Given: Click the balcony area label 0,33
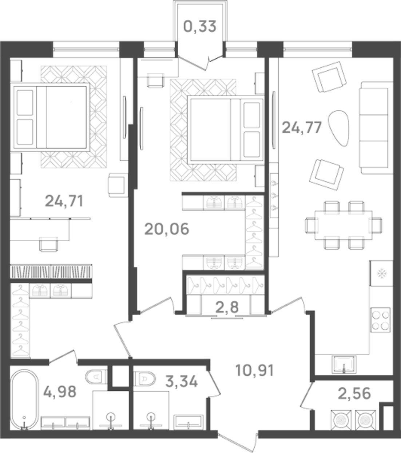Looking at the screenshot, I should coord(200,27).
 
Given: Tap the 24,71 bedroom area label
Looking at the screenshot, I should coord(64,200).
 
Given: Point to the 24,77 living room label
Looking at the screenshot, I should coord(302,128).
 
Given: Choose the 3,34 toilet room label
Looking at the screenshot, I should coord(182,382).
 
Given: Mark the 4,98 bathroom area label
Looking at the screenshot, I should coord(60,392).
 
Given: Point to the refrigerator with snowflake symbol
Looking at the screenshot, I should coord(381,273).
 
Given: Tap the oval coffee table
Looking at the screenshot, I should coord(339,128).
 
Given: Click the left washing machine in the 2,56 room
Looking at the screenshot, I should coord(341,420).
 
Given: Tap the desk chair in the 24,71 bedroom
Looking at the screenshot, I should coord(48,243).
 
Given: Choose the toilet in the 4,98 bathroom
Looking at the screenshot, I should coord(96,376).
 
